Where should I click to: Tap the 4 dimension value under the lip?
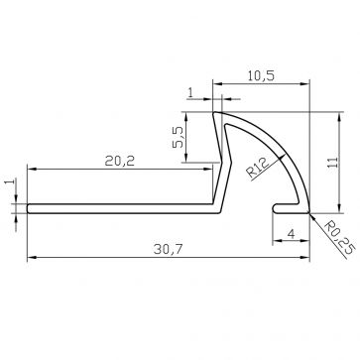click(x=289, y=234)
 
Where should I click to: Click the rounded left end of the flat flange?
click(x=28, y=208)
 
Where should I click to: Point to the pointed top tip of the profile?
click(x=217, y=112)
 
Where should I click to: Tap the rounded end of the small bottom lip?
click(x=273, y=207)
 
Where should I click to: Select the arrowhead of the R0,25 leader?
click(x=310, y=211)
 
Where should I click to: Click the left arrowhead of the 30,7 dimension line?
click(x=29, y=258)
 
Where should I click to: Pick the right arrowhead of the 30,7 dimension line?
click(x=309, y=258)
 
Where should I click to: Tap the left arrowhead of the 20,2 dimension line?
click(x=29, y=170)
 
